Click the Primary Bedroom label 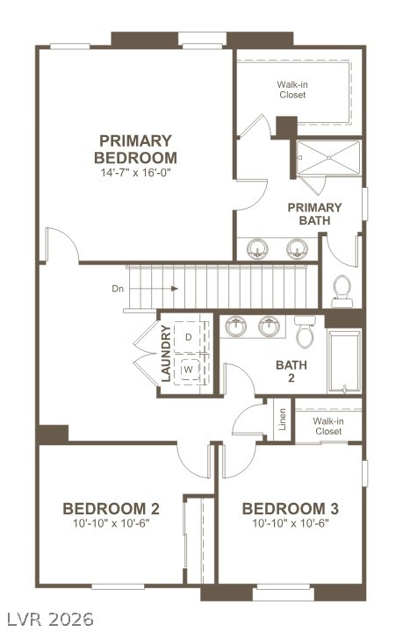tap(135, 149)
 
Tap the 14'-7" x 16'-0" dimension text tap(136, 173)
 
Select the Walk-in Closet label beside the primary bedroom tap(292, 90)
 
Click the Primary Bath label tap(314, 214)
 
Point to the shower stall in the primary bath tap(328, 158)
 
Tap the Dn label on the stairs tap(118, 289)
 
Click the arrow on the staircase tap(154, 289)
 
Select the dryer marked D tap(188, 337)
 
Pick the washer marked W tap(188, 369)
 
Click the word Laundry tap(166, 353)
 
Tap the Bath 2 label tap(291, 371)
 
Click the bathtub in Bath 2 tap(344, 362)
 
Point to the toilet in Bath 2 tap(305, 331)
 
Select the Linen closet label tap(282, 420)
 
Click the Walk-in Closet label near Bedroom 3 tap(328, 426)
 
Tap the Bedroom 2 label tap(111, 508)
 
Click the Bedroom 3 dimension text tap(291, 523)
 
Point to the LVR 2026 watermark tap(51, 619)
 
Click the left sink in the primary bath tap(257, 249)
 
